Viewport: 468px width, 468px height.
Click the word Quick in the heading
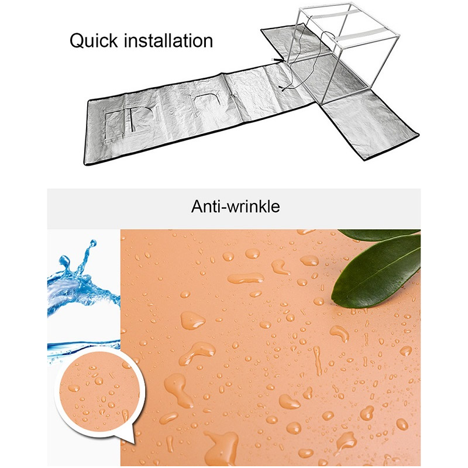point(94,41)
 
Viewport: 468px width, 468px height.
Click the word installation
point(168,40)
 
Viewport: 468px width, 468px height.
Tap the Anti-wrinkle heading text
point(236,207)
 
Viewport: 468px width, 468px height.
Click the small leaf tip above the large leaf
point(378,235)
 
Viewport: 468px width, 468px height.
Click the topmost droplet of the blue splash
point(93,243)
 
